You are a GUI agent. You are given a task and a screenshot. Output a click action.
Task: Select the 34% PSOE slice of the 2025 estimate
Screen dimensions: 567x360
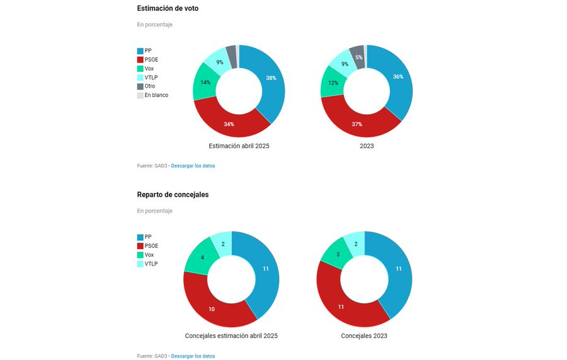229,123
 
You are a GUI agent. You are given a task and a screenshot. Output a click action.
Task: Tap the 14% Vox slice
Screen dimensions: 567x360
205,83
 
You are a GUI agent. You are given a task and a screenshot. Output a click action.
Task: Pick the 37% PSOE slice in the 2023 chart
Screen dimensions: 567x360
357,124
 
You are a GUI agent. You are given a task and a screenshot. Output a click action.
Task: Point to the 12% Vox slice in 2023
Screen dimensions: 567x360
333,83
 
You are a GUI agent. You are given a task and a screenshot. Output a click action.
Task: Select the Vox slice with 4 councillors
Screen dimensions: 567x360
202,257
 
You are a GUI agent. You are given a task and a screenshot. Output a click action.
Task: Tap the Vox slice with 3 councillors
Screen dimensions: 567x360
338,254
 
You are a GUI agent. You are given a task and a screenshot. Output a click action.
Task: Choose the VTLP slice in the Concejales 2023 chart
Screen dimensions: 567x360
356,244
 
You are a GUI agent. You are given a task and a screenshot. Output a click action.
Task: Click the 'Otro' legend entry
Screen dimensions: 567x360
146,86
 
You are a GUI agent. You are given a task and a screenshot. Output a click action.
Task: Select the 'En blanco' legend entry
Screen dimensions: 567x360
152,95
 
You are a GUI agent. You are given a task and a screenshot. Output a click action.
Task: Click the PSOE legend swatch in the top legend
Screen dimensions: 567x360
140,60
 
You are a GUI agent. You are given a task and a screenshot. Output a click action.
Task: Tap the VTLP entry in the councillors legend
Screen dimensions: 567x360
147,264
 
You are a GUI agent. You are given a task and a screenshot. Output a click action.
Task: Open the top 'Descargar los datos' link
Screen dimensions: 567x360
193,166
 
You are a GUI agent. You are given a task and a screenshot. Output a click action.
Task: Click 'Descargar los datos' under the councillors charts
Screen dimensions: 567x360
193,356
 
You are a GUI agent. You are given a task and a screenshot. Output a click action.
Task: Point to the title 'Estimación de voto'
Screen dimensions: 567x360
168,8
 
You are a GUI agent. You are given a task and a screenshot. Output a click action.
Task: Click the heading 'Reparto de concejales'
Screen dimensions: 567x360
173,195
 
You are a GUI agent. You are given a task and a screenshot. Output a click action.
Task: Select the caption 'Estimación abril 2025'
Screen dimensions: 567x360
239,146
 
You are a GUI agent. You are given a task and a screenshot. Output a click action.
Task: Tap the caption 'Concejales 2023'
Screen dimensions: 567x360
364,336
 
